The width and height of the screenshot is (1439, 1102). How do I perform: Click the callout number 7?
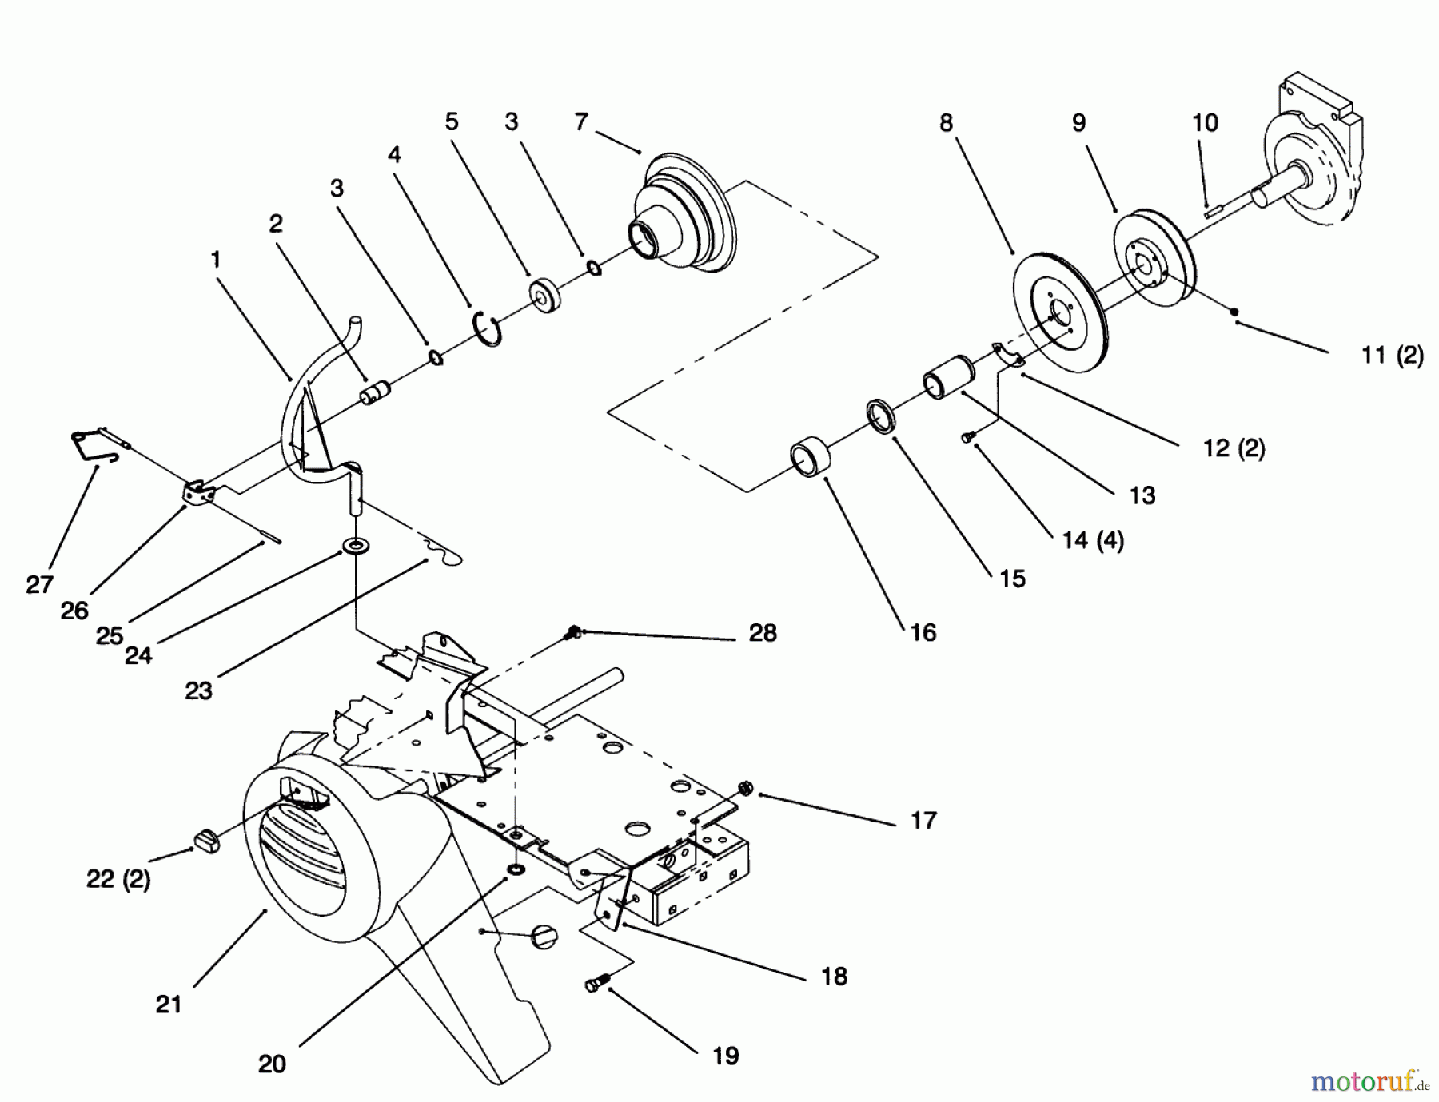point(581,122)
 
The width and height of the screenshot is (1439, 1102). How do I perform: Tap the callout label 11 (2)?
point(1392,355)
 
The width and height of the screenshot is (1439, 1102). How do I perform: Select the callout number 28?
point(763,633)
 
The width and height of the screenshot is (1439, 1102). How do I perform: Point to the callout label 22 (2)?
point(118,879)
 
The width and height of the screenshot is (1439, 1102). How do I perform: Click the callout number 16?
point(923,632)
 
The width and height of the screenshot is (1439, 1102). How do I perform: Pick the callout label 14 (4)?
point(1093,540)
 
